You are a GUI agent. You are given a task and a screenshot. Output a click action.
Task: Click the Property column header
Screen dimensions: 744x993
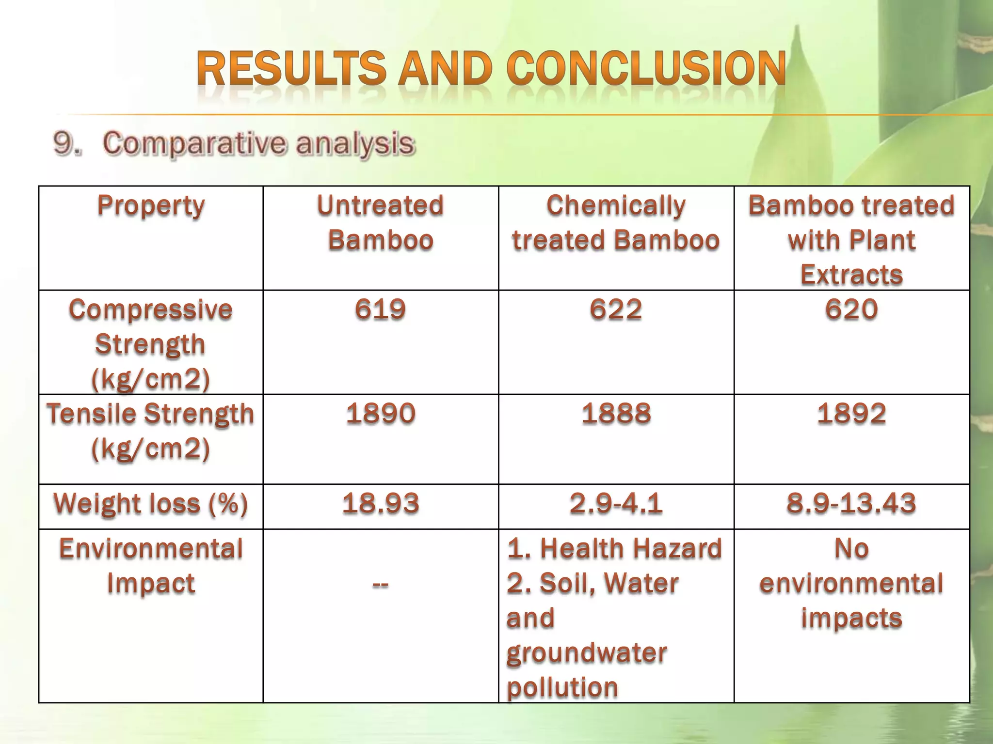(x=151, y=206)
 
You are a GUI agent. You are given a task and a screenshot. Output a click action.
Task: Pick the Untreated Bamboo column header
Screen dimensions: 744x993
(x=381, y=223)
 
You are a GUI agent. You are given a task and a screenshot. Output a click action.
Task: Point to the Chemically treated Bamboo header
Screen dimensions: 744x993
(x=616, y=223)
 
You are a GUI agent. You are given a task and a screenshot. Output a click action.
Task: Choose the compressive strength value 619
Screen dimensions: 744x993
(x=381, y=310)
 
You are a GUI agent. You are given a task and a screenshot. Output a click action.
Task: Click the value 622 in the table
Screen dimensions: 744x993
(x=616, y=310)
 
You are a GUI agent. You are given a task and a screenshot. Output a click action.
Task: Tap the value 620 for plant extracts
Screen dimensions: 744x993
(x=851, y=310)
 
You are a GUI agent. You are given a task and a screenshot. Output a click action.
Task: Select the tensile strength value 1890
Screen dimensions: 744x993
(x=381, y=414)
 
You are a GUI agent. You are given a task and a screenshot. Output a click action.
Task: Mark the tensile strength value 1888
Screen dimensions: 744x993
(x=616, y=414)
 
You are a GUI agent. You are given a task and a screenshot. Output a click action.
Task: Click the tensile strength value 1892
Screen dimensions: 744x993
(x=851, y=414)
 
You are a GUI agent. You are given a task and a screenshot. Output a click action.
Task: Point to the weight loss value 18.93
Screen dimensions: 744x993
(x=381, y=504)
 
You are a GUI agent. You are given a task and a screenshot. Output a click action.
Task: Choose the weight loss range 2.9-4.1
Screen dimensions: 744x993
(x=616, y=504)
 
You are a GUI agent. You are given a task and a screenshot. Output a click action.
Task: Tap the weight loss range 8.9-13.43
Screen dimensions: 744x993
(x=851, y=504)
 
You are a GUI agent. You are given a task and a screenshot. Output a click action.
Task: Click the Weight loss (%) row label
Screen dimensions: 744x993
(x=151, y=504)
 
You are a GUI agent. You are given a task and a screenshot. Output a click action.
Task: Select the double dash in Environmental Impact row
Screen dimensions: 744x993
(x=381, y=585)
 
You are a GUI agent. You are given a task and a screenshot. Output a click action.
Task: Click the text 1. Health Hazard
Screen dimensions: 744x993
(x=614, y=549)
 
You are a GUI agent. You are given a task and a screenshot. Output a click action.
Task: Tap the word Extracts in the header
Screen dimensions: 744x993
(x=851, y=275)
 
